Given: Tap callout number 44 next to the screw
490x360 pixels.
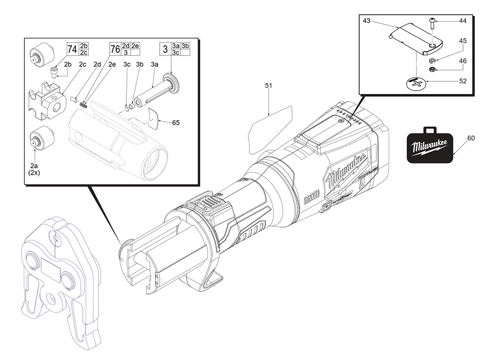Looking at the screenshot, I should [462, 21].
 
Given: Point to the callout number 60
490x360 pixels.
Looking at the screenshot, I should [470, 139].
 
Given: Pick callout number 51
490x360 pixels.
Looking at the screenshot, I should [268, 85].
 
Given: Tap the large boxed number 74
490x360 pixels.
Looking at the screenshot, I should [72, 49].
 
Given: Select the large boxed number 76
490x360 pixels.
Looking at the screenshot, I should [115, 49].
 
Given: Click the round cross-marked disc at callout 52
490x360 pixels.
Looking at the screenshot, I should [416, 84].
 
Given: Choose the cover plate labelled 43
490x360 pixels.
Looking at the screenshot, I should [416, 39].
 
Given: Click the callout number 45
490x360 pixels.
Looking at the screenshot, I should [462, 41].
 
